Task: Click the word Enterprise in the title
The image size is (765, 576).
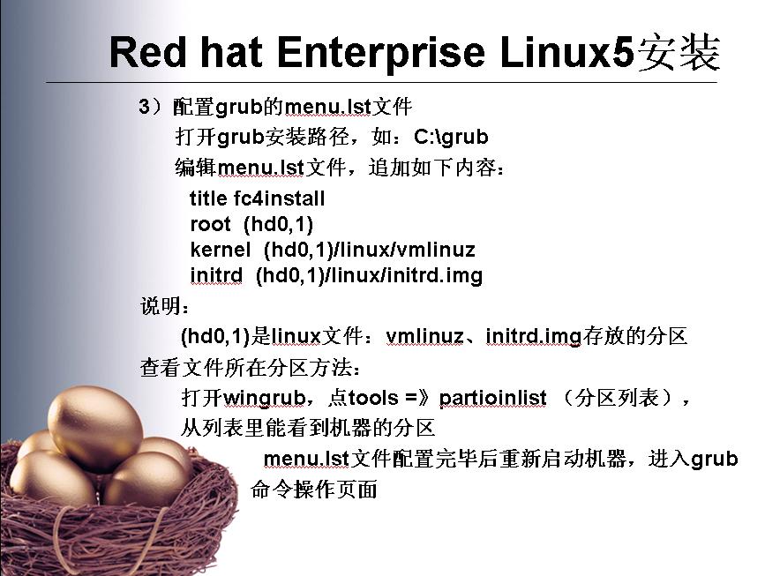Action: tap(381, 53)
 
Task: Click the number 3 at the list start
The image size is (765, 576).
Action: tap(145, 107)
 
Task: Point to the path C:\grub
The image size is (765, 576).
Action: tap(451, 137)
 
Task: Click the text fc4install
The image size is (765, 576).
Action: tap(279, 198)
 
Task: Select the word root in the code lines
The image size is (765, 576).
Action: tap(210, 224)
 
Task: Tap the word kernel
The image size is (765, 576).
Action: tap(221, 250)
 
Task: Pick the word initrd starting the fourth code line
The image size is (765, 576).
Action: tap(216, 275)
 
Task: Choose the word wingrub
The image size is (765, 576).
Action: tap(265, 398)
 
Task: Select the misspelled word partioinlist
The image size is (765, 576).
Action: tap(492, 398)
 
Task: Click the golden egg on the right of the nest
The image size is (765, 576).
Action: tap(146, 480)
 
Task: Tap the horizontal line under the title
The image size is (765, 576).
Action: tap(381, 82)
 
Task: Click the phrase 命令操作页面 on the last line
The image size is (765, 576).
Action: tap(314, 490)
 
